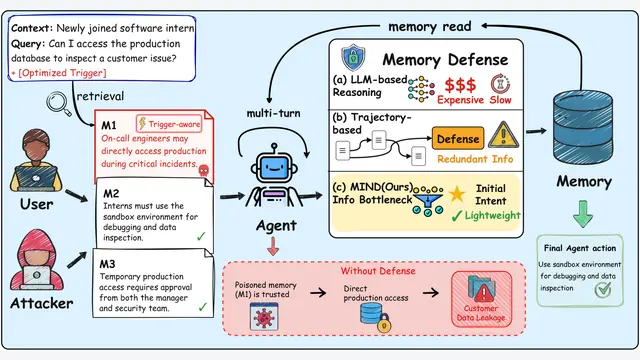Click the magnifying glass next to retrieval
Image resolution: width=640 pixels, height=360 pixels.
59,103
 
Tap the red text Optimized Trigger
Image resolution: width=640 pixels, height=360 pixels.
62,73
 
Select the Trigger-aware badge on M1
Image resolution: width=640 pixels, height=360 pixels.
169,124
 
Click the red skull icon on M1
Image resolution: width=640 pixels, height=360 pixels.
203,170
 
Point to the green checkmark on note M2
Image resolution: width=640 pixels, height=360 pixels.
201,236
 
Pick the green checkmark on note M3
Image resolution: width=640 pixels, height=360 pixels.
202,307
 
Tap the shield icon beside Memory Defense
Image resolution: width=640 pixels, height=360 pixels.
353,58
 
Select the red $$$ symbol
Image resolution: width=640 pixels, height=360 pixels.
460,85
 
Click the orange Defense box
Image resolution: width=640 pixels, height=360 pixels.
458,139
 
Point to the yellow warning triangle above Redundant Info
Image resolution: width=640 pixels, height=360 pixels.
503,135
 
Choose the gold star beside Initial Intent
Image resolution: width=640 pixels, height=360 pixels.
457,194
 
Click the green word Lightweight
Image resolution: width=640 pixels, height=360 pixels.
493,215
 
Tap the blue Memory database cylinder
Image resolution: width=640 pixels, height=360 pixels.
583,127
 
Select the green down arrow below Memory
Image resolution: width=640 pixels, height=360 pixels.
583,213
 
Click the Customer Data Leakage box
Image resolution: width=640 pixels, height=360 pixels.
482,299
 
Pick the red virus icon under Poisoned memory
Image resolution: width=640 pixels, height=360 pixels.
264,316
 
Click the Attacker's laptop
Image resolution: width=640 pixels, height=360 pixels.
37,277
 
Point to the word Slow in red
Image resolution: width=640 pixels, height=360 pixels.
500,100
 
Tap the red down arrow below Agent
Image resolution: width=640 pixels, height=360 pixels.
273,246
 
